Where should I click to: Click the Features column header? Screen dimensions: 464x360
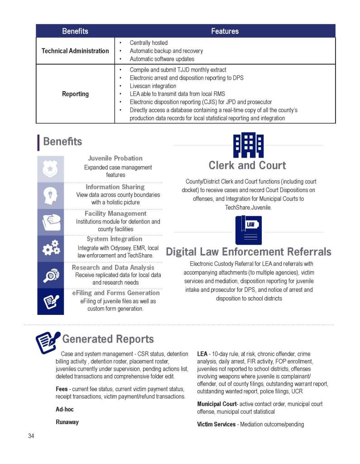[225, 31]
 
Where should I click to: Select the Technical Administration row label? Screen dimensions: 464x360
[75, 51]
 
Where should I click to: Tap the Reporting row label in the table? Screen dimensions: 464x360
[75, 94]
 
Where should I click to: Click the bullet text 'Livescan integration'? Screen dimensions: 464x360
[153, 86]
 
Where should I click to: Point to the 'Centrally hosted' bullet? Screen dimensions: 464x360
[149, 43]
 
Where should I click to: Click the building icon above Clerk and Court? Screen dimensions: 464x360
[248, 145]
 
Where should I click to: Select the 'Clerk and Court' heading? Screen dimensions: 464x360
[247, 165]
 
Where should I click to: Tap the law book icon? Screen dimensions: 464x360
[248, 230]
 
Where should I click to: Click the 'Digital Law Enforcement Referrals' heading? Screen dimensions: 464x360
[249, 252]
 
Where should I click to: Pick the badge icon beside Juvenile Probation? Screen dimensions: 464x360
[50, 169]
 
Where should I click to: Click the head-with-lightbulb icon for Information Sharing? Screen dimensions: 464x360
[50, 195]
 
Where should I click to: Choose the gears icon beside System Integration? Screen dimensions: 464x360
[50, 248]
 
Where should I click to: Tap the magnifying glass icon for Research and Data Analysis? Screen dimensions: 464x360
[50, 275]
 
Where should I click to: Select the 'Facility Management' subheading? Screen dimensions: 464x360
[115, 213]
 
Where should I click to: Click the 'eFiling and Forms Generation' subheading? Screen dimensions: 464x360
[115, 293]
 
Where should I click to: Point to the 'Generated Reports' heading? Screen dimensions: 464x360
[108, 339]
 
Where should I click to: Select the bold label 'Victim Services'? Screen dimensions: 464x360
[216, 424]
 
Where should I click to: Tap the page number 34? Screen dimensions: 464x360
[30, 436]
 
